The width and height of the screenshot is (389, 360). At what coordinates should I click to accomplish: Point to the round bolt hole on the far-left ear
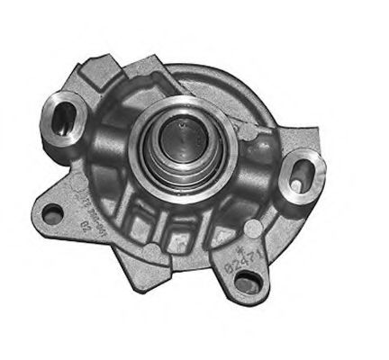54,213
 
